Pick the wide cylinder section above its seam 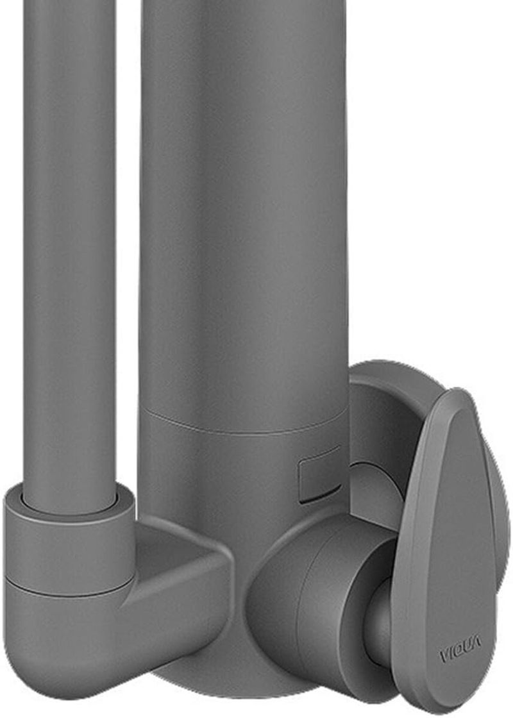[x=245, y=206]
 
